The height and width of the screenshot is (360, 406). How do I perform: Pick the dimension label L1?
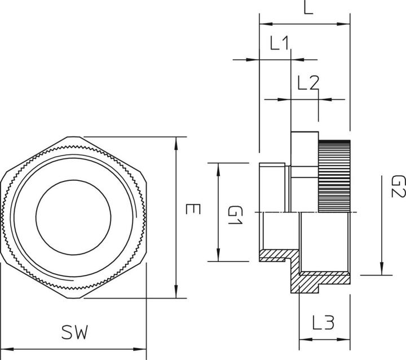(x=279, y=44)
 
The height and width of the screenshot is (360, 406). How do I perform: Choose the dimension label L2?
(x=308, y=83)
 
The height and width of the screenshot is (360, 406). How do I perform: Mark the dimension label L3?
(x=324, y=323)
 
